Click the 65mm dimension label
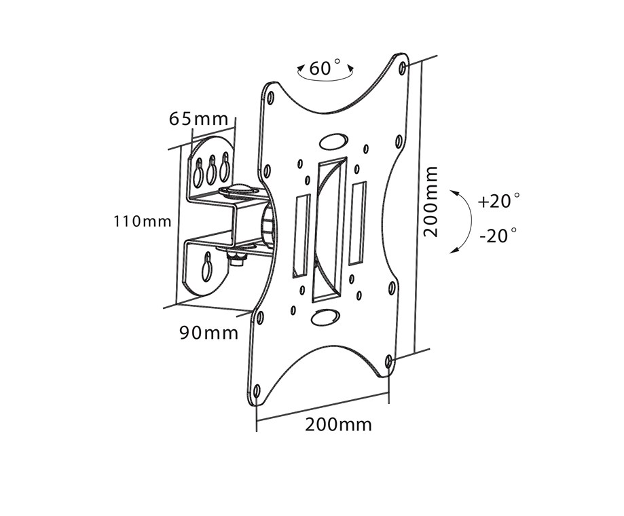pos(198,118)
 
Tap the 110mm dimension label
pos(143,221)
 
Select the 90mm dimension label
pos(208,333)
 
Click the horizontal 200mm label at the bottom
pos(338,425)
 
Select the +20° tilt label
pos(498,201)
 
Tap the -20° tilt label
pos(498,236)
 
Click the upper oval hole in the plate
pos(331,141)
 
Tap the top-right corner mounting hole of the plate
pos(403,68)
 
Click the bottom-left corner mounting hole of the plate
pos(257,391)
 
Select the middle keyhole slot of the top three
pos(212,170)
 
